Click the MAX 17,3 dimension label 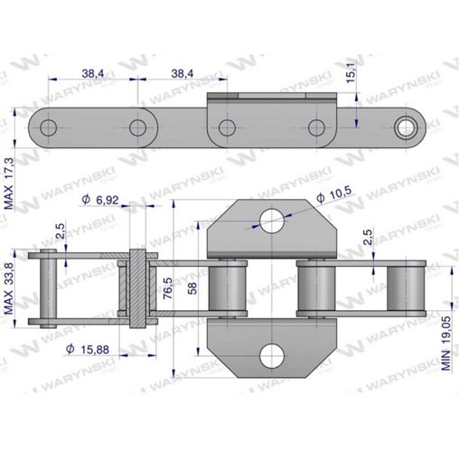9,184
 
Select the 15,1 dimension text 351,73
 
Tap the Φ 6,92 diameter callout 100,200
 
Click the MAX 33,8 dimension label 9,288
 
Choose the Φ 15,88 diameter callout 88,349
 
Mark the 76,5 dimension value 168,288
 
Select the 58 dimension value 192,288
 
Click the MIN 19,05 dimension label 446,343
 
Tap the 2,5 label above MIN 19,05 368,237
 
